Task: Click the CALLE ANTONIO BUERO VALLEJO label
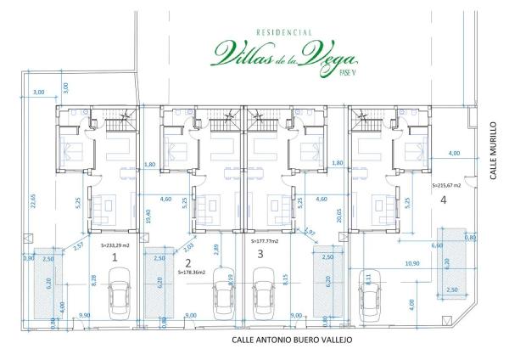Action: click(291, 339)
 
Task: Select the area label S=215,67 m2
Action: click(447, 184)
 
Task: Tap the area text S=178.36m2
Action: click(195, 273)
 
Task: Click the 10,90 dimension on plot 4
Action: click(412, 263)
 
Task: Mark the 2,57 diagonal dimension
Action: click(78, 247)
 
